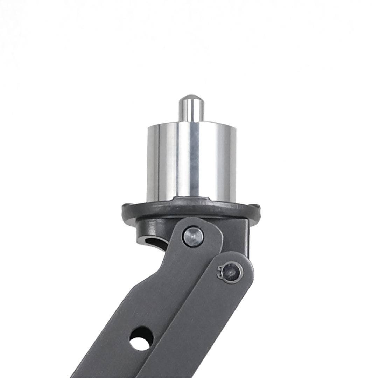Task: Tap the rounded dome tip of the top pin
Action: [190, 98]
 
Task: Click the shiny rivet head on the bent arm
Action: [193, 237]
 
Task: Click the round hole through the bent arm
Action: [141, 338]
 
